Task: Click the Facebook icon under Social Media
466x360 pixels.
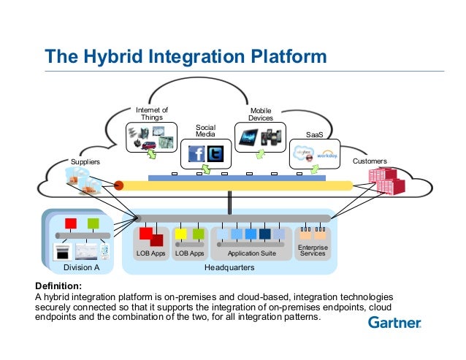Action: coord(196,154)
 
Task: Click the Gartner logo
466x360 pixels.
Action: coord(394,322)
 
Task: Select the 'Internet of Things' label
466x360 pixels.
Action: coord(153,114)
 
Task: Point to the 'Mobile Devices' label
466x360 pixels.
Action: coord(261,114)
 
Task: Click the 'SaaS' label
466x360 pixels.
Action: coord(315,135)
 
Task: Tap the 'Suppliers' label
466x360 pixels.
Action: coord(84,161)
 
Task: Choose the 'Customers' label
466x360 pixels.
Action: coord(370,161)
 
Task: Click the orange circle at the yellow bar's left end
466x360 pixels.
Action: coord(118,185)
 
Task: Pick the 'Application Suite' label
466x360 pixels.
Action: coord(252,253)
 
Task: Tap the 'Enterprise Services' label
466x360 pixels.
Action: coord(313,250)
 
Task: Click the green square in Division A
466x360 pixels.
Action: coord(93,223)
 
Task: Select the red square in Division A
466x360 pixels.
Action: coord(71,223)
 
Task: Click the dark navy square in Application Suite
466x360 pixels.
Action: coord(264,234)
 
